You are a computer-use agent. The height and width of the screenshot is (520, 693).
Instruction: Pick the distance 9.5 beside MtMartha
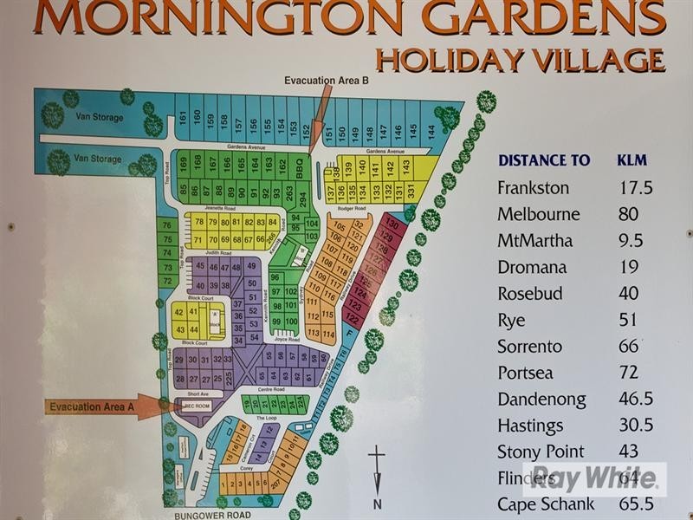pos(631,240)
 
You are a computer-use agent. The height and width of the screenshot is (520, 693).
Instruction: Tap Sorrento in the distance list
pos(529,347)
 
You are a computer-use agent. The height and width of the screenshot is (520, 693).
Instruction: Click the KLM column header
pos(631,160)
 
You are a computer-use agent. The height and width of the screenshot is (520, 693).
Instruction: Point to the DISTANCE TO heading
pos(543,160)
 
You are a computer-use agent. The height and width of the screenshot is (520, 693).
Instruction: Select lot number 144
pos(431,131)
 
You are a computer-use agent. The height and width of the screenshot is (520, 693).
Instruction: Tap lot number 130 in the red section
pos(389,224)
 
